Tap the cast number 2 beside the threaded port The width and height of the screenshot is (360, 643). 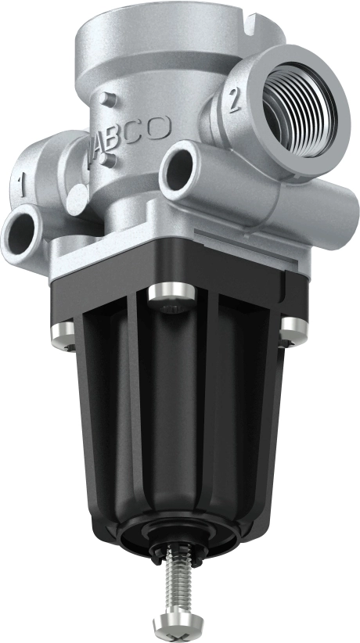232,101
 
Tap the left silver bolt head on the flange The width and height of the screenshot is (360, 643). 63,333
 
